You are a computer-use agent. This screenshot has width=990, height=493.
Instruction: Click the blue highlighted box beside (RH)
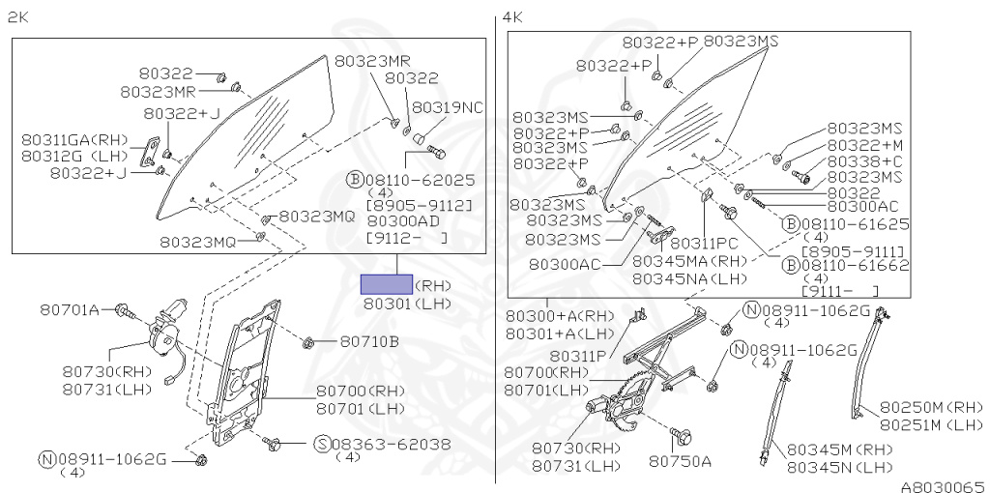(x=386, y=284)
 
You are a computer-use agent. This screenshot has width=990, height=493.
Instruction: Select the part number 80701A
(x=70, y=309)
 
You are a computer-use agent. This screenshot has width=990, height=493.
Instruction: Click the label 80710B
(x=369, y=341)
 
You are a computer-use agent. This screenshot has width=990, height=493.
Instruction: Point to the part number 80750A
(x=680, y=461)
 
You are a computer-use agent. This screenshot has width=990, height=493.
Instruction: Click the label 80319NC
(x=448, y=106)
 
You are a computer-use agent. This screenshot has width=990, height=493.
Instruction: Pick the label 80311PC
(x=704, y=244)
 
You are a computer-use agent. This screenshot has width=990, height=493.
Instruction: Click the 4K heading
(x=512, y=16)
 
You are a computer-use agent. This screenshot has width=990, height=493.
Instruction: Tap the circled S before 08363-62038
(x=322, y=444)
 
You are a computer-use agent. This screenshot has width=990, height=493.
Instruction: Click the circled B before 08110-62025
(x=354, y=179)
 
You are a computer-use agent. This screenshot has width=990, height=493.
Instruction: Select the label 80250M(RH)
(x=931, y=407)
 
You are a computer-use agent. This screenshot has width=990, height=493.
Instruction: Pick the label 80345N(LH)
(x=839, y=467)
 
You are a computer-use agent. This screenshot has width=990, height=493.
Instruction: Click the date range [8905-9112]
(x=420, y=205)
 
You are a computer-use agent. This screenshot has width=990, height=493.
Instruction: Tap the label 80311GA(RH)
(x=74, y=139)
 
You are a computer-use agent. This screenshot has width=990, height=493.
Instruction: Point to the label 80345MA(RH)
(x=691, y=261)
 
